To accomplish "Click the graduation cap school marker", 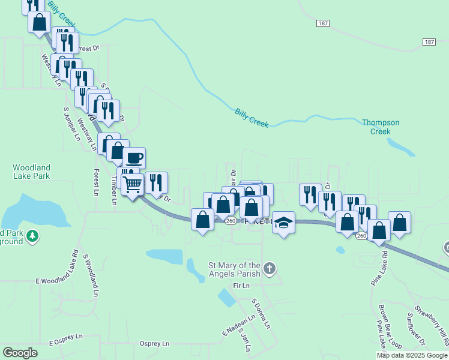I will (x=284, y=222).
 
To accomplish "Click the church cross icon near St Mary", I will (x=270, y=268).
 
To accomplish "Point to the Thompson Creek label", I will (x=380, y=127).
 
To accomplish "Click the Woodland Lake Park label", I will (x=31, y=172).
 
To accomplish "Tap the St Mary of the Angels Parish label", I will (x=234, y=269).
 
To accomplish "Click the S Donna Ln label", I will (x=261, y=313).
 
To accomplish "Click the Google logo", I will (x=20, y=353).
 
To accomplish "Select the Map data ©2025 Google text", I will (x=412, y=355).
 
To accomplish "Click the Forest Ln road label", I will (x=96, y=182).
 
